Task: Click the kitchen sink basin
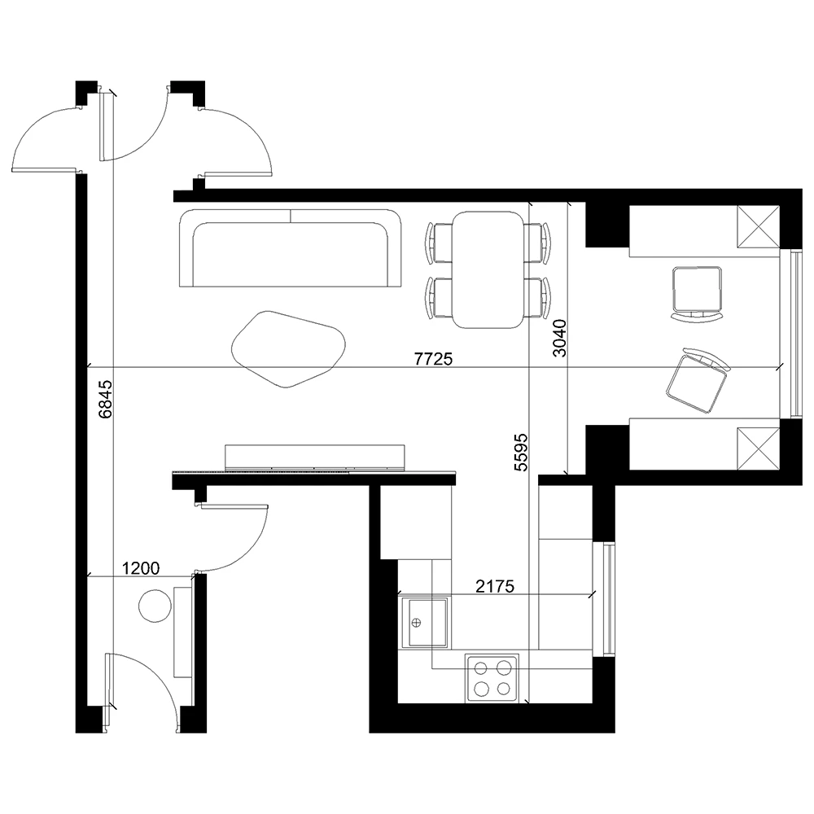coord(424,622)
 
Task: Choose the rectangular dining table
coord(488,269)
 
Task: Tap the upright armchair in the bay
coord(697,292)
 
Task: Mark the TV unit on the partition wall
coord(314,457)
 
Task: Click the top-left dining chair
coord(440,243)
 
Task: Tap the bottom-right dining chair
coord(537,298)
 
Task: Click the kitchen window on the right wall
coord(607,598)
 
